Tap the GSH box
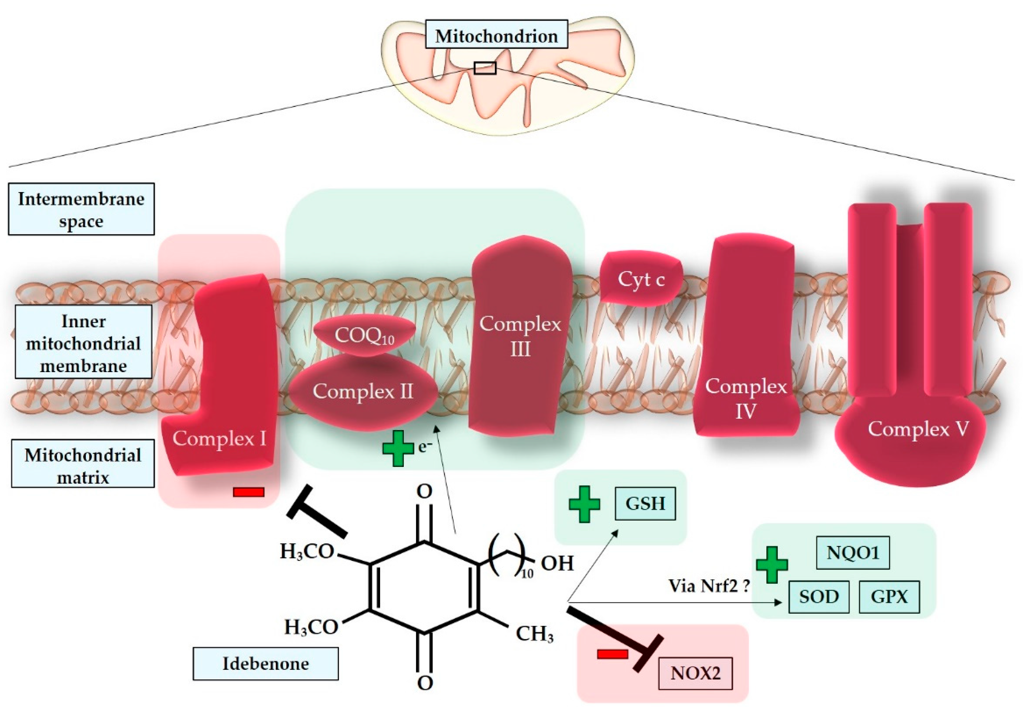tap(645, 503)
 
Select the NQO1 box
tap(853, 553)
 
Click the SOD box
tap(818, 597)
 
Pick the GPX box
tap(889, 597)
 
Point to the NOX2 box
tap(695, 673)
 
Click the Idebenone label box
tap(266, 663)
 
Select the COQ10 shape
tap(364, 336)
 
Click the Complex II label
tap(363, 391)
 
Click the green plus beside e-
tap(398, 448)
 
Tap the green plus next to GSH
tap(584, 504)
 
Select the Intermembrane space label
tap(81, 209)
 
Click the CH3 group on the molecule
tap(534, 633)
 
